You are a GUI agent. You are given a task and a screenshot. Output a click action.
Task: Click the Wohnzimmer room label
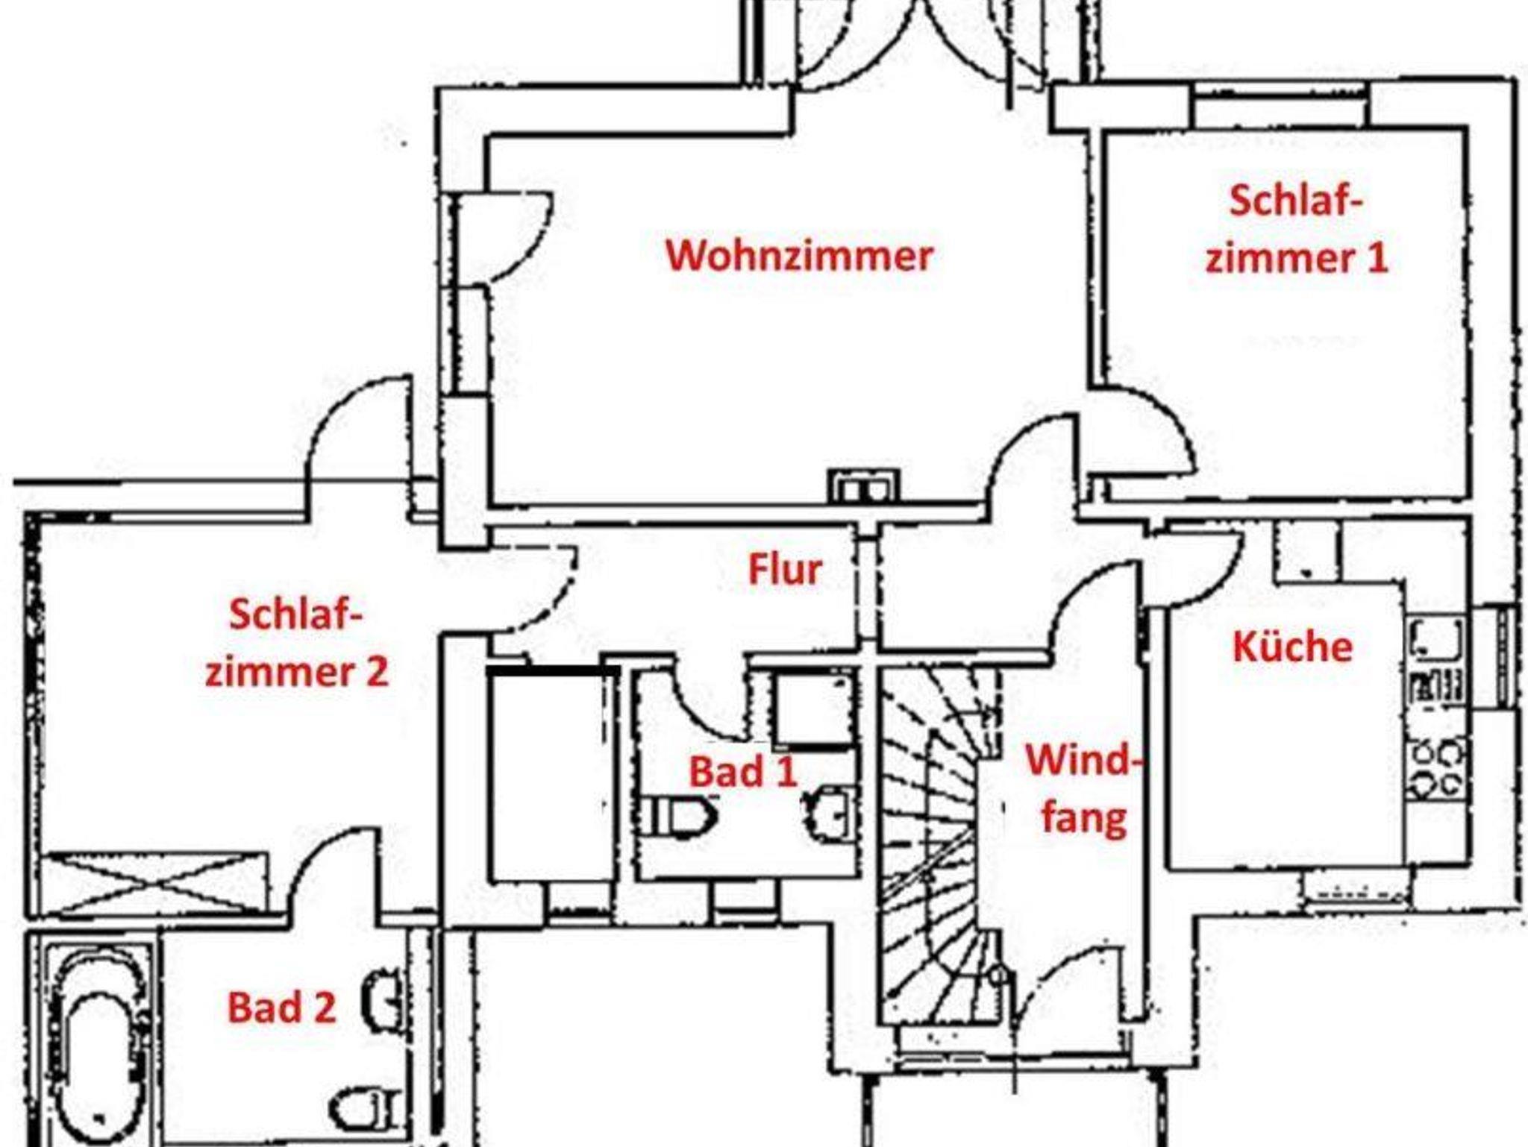[799, 256]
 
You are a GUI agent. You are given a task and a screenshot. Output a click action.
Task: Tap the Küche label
[1292, 647]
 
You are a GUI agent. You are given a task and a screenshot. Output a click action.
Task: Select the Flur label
[785, 571]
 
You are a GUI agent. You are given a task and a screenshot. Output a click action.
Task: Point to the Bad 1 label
[743, 772]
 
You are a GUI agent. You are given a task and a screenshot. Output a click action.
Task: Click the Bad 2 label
[281, 1008]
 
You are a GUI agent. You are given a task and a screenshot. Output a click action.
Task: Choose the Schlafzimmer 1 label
[1297, 230]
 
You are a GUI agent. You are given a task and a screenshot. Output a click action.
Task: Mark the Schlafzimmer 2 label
[296, 643]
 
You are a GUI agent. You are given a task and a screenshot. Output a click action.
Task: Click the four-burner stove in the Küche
[1437, 769]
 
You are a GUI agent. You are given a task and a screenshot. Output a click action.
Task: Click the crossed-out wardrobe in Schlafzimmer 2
[153, 882]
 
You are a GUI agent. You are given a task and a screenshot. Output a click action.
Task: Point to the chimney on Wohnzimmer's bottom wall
[865, 486]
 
